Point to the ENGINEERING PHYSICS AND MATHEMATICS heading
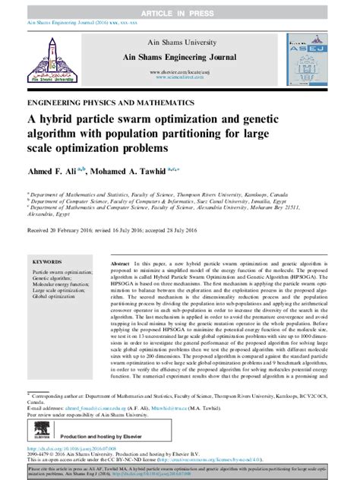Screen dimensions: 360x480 point(104,101)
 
